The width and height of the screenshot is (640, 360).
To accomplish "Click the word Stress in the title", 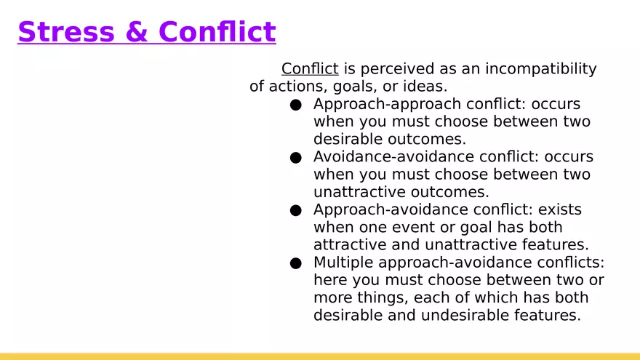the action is (x=66, y=32).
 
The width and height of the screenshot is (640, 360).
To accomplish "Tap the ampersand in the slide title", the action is (x=137, y=32).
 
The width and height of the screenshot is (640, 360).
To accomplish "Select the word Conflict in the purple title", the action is (x=217, y=32).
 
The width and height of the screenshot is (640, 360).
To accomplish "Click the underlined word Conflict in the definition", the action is (x=310, y=68).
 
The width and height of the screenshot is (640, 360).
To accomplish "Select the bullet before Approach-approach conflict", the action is (x=296, y=105).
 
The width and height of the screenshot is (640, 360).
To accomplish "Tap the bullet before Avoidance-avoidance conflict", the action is (x=296, y=158).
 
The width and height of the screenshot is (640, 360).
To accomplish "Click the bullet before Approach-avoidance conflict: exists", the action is (x=296, y=210).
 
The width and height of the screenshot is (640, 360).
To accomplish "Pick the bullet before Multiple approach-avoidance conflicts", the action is (x=296, y=263).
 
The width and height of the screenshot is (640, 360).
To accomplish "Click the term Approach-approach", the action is (x=388, y=105).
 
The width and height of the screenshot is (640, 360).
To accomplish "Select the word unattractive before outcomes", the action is (x=359, y=192).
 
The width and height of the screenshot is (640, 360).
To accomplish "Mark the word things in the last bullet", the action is (x=383, y=298).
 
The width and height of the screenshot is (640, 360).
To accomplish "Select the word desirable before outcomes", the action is (x=348, y=139).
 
